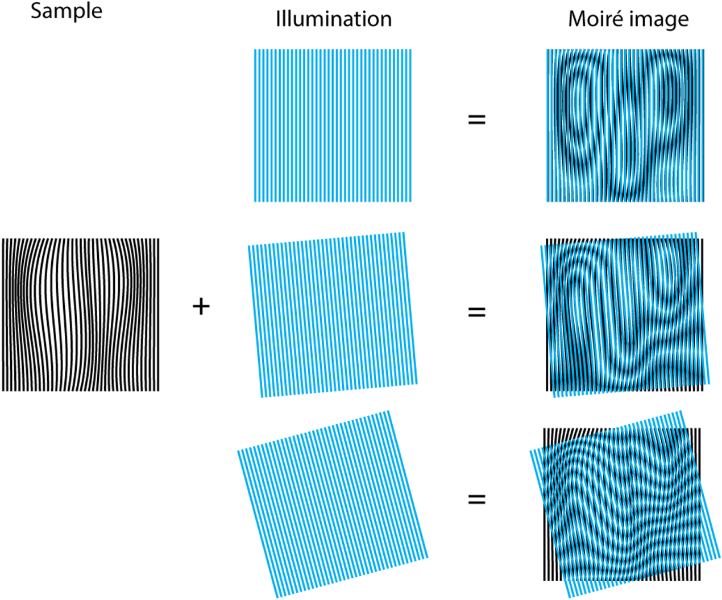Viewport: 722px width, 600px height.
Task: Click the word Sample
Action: click(66, 11)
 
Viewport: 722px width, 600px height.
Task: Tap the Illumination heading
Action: click(334, 19)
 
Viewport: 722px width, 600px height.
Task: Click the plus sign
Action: click(201, 307)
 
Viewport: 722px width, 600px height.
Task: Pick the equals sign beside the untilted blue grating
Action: click(476, 119)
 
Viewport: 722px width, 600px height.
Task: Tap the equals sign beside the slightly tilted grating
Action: click(476, 312)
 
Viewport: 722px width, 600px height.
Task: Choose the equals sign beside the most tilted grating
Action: click(476, 499)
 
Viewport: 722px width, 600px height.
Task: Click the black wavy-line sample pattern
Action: click(81, 315)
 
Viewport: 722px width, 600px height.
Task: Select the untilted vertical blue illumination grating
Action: click(333, 125)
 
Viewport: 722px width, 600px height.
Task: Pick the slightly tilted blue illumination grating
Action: click(333, 315)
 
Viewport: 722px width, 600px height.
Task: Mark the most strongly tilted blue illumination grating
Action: click(333, 503)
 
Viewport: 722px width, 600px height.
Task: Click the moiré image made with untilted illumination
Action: click(625, 125)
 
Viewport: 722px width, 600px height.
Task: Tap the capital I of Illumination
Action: click(278, 19)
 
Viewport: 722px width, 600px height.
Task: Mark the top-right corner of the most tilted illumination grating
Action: click(389, 412)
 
